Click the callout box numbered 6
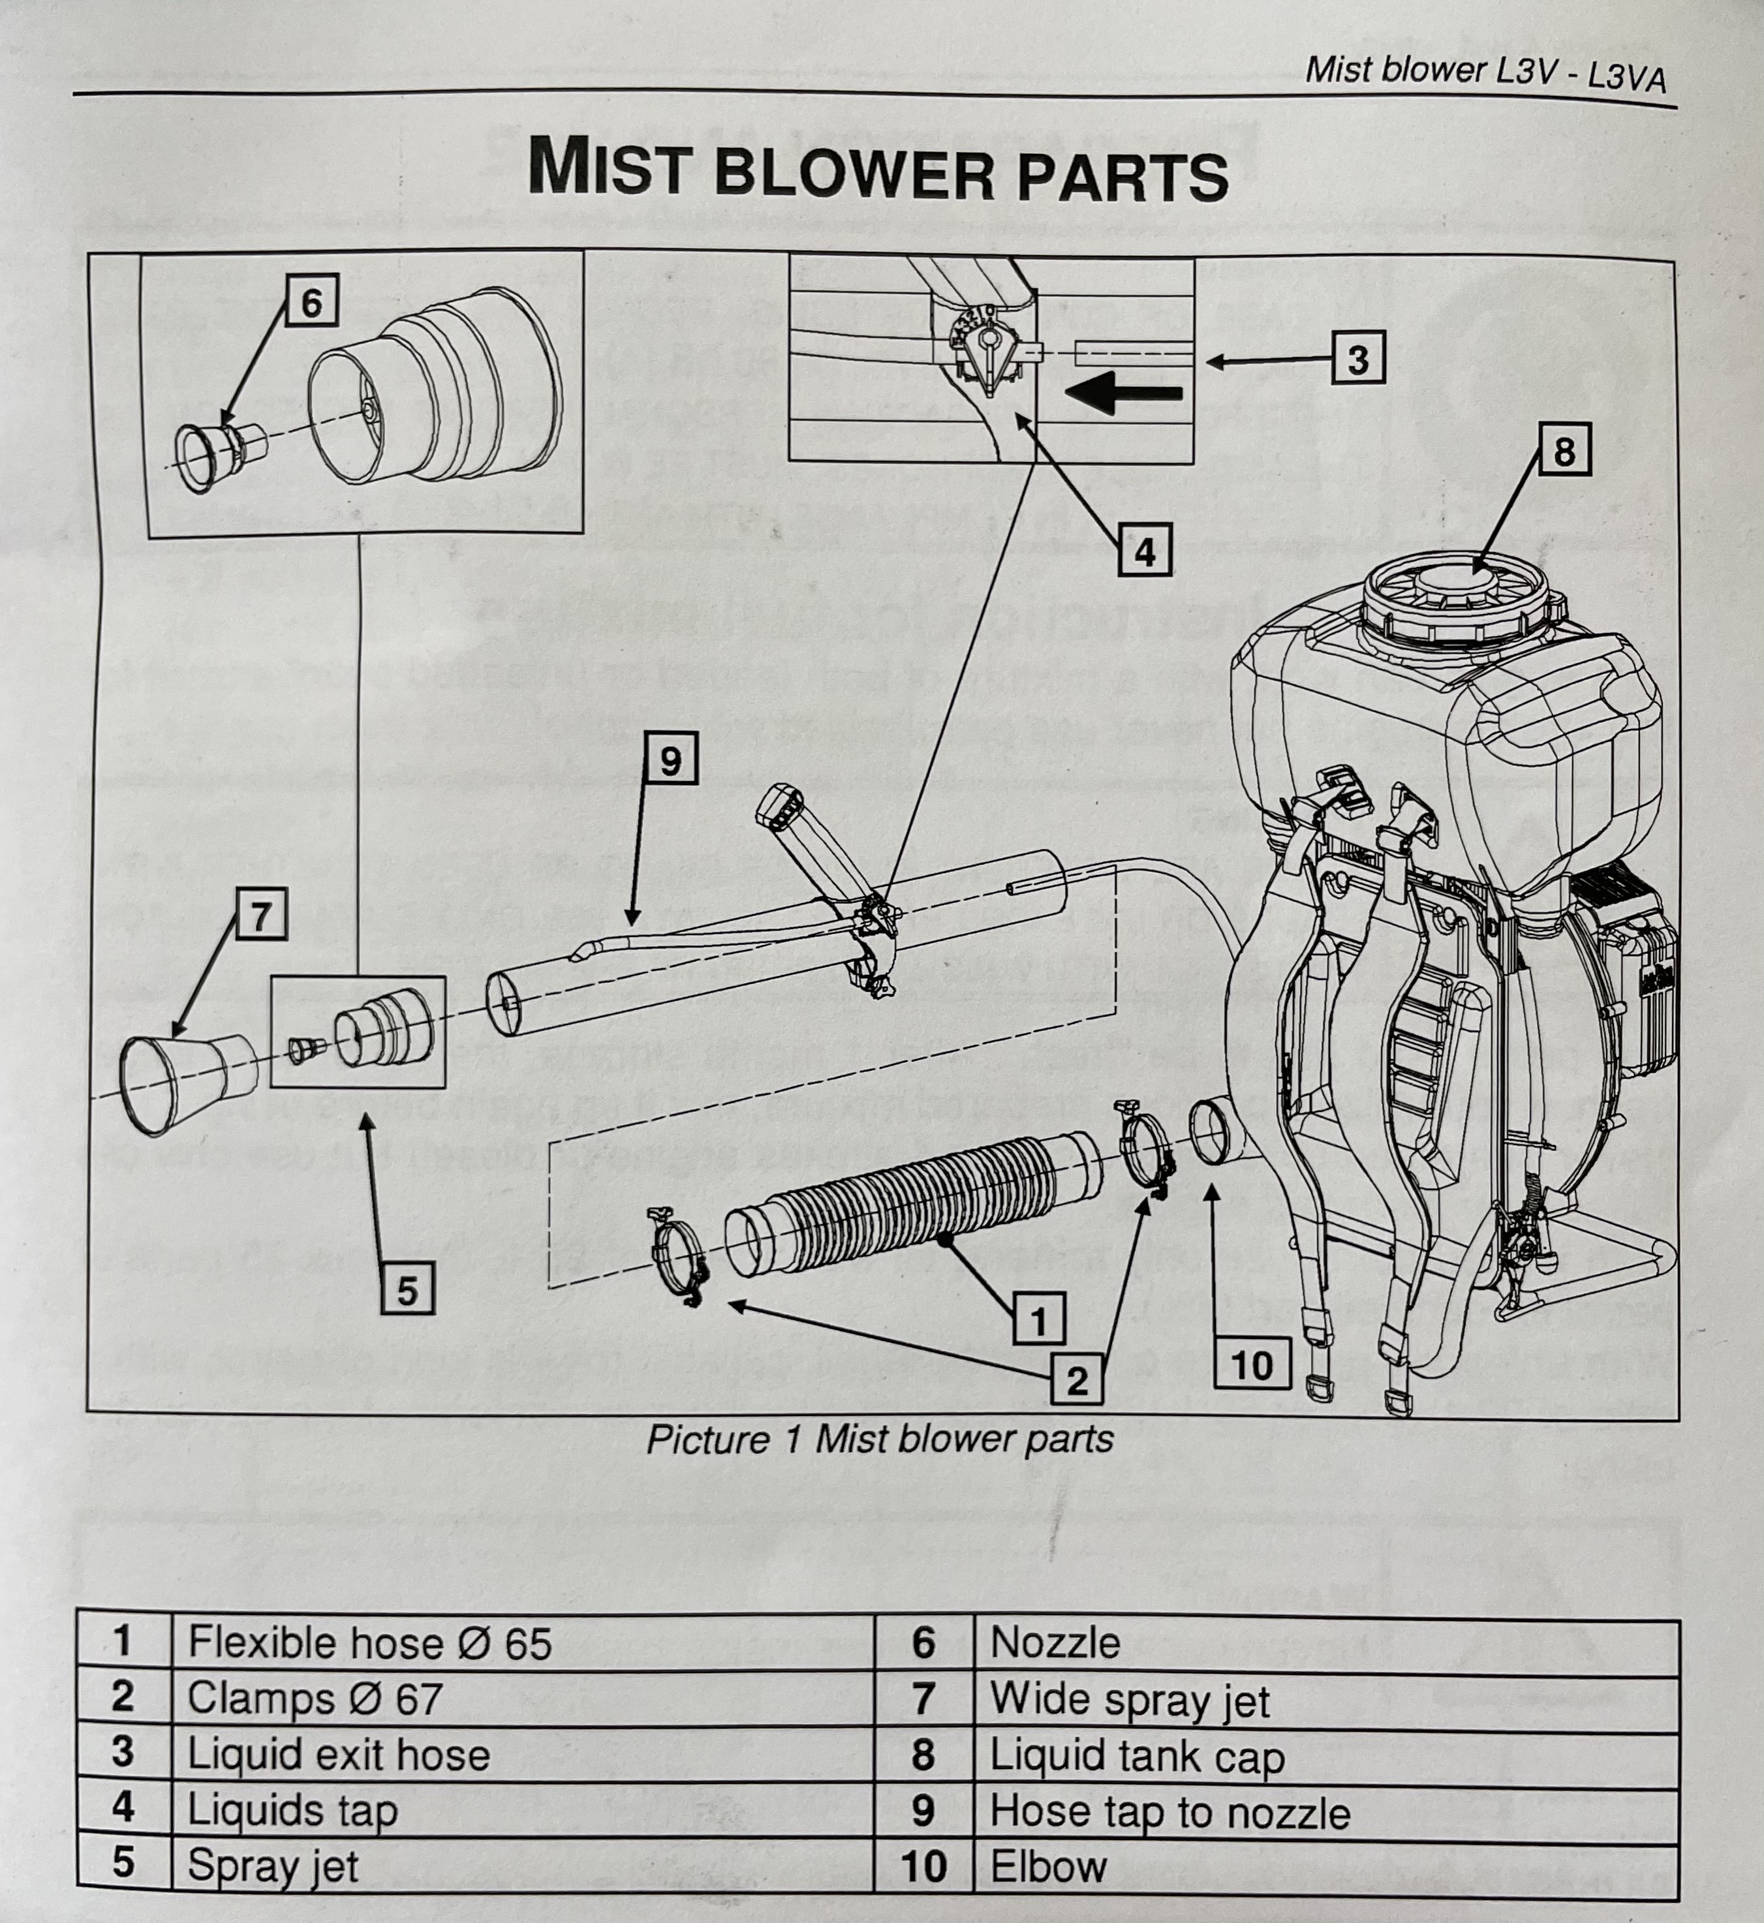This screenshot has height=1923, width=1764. (311, 303)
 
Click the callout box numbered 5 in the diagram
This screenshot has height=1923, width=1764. (408, 1290)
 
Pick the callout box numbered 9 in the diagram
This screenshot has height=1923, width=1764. (670, 761)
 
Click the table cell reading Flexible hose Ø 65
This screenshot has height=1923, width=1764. (371, 1643)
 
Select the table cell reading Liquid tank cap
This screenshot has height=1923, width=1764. (1136, 1756)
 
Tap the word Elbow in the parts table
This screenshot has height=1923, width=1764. (1048, 1867)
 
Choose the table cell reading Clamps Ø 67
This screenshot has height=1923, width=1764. (315, 1699)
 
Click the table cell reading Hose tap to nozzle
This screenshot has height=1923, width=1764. (1169, 1812)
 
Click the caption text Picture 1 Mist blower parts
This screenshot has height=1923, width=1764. (879, 1439)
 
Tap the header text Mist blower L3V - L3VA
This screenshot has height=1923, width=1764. (1484, 72)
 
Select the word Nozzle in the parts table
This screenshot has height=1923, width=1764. (1055, 1643)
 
